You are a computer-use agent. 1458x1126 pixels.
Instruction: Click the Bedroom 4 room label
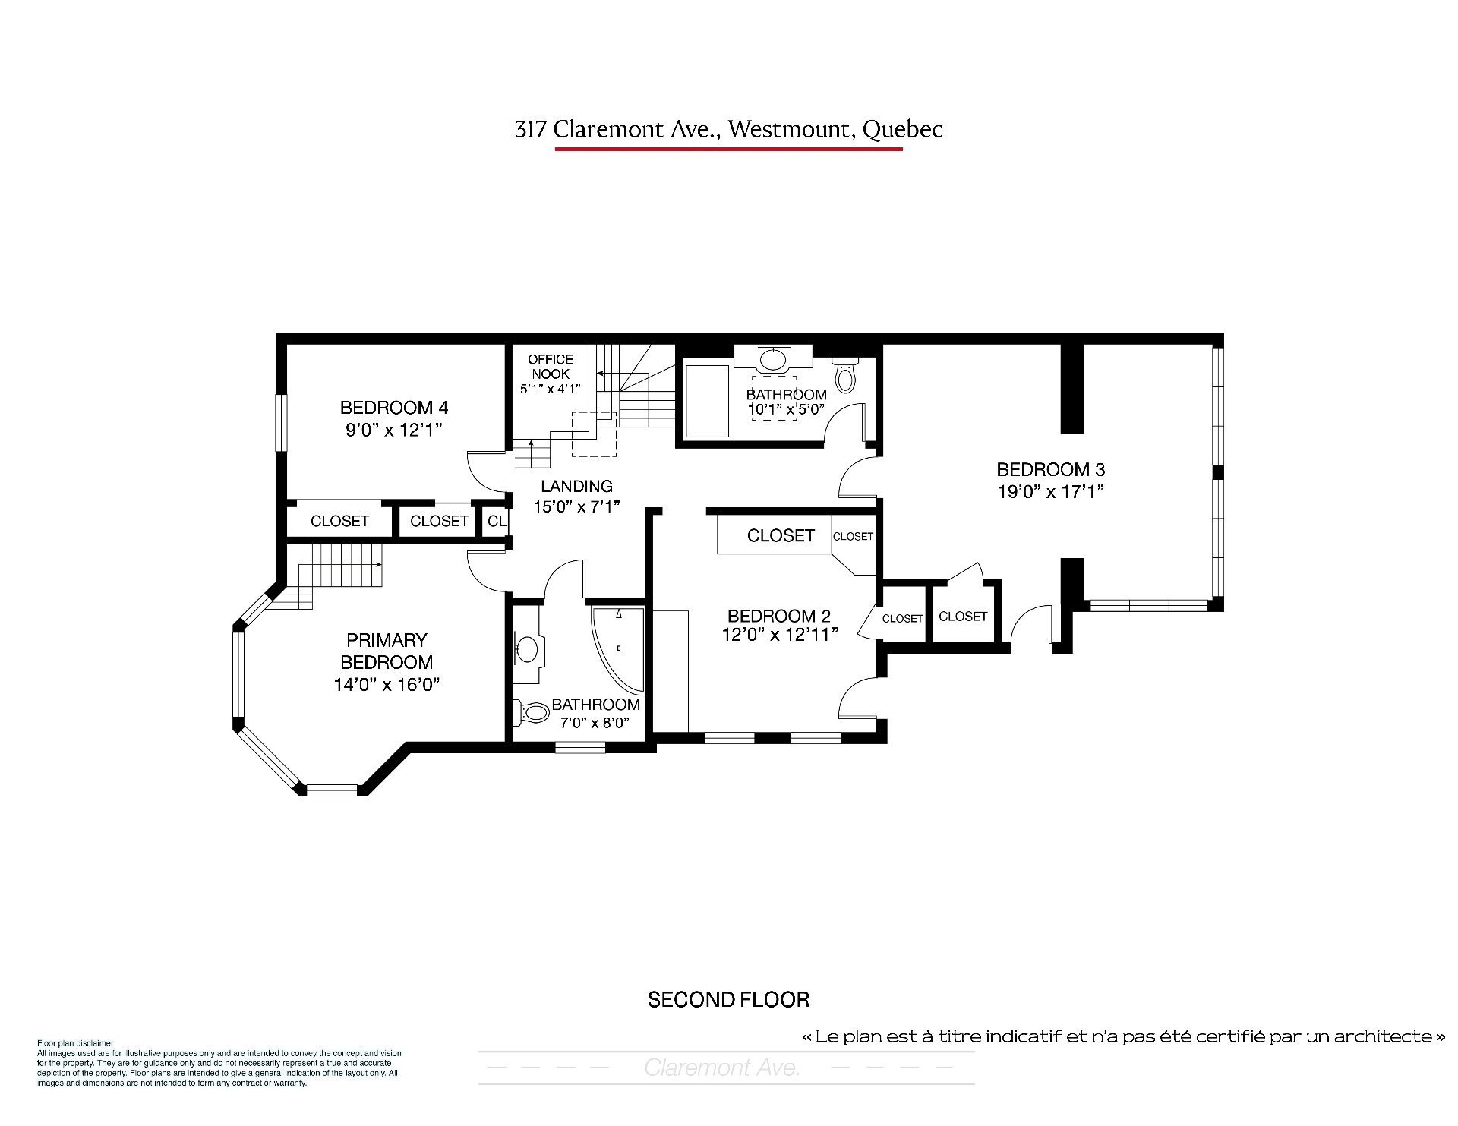394,408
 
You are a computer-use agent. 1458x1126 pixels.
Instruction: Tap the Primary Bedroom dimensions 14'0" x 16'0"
387,685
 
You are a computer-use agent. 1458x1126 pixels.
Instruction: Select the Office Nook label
551,366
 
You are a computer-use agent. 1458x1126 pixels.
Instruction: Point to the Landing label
576,486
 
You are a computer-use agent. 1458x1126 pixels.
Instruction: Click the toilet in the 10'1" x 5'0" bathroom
844,374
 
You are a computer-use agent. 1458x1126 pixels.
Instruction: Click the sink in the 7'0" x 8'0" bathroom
526,648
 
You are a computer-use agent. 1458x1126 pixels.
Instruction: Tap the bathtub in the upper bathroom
708,400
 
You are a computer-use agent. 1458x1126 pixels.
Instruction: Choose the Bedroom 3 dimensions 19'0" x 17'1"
1050,491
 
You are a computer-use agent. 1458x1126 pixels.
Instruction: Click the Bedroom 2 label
779,616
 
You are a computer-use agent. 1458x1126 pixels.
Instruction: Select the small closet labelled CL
497,521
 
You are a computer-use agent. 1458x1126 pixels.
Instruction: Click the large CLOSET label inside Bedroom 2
781,536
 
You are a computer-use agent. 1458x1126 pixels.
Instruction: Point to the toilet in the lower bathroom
532,712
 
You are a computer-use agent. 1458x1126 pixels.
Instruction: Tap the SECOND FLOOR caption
728,1000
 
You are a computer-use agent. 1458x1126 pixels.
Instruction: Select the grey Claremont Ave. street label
722,1068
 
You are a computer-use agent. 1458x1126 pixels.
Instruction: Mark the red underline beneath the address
729,149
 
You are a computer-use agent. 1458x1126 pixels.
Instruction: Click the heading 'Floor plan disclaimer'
75,1043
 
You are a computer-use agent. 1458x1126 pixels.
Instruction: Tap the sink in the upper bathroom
773,358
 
